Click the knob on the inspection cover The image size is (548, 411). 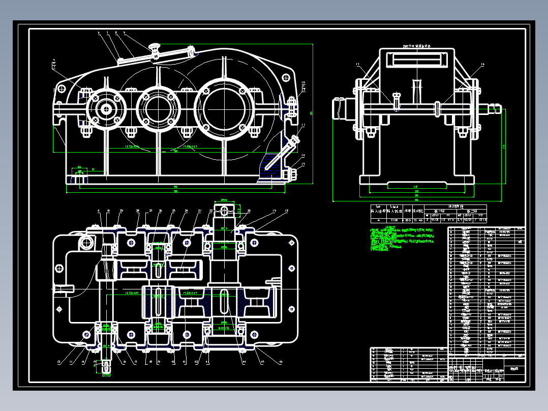coord(154,48)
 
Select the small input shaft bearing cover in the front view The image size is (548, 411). coord(106,108)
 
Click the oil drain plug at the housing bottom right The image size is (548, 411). coord(293,174)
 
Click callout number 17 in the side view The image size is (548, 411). coord(357,65)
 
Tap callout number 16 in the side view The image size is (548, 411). coord(482,65)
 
